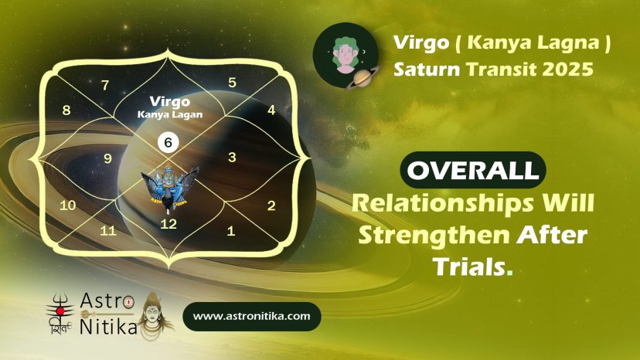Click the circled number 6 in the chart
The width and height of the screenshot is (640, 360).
[x=169, y=142]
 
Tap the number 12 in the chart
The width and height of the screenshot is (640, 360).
[x=169, y=224]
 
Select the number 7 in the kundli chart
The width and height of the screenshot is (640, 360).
[x=105, y=85]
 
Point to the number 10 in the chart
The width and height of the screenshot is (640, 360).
[x=68, y=205]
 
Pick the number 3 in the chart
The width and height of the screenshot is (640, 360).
[x=232, y=157]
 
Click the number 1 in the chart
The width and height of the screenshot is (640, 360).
[x=231, y=231]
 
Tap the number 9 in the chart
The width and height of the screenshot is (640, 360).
[x=107, y=158]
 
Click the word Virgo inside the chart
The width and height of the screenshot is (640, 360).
[x=170, y=101]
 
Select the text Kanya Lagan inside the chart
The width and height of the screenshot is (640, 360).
[x=170, y=114]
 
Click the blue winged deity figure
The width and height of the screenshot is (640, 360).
[x=169, y=188]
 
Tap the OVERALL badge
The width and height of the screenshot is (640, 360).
[x=473, y=170]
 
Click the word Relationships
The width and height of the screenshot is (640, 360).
[x=442, y=204]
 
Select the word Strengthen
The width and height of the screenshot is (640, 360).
[x=434, y=236]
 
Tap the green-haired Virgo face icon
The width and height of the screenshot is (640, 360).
[x=346, y=55]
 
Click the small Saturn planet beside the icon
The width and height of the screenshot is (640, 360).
[x=363, y=77]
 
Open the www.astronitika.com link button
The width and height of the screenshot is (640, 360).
[x=252, y=316]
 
